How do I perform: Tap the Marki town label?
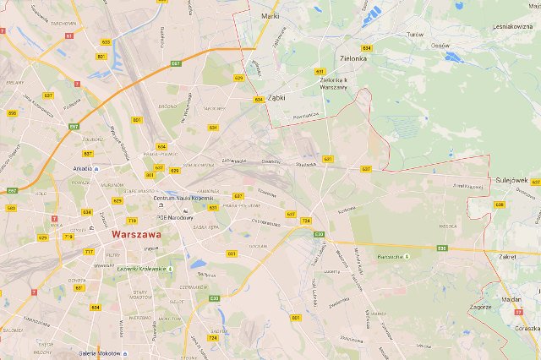coord(270,15)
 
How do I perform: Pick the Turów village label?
coord(414,35)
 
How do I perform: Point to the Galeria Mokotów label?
coord(100,353)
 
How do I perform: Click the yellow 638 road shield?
coord(499,205)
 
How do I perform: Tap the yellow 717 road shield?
coord(88,252)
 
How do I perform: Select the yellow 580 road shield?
coord(11,208)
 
